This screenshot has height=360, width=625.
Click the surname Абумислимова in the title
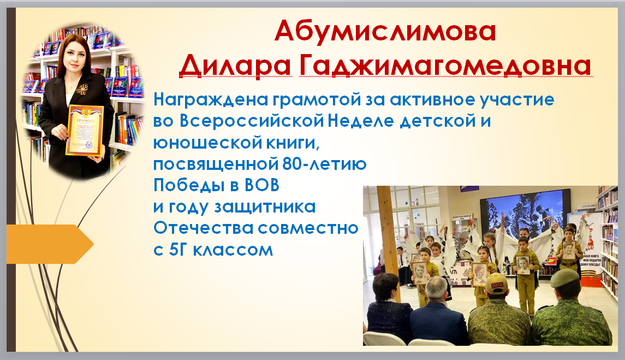(385, 31)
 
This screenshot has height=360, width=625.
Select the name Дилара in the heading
(235, 65)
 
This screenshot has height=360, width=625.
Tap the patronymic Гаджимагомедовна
(444, 65)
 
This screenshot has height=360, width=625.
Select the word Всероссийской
(252, 121)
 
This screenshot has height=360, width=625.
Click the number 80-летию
(324, 164)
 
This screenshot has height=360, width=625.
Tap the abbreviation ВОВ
(262, 185)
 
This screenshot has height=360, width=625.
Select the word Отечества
(204, 228)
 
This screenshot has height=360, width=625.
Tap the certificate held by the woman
(85, 131)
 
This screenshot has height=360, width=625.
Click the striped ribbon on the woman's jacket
(83, 89)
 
